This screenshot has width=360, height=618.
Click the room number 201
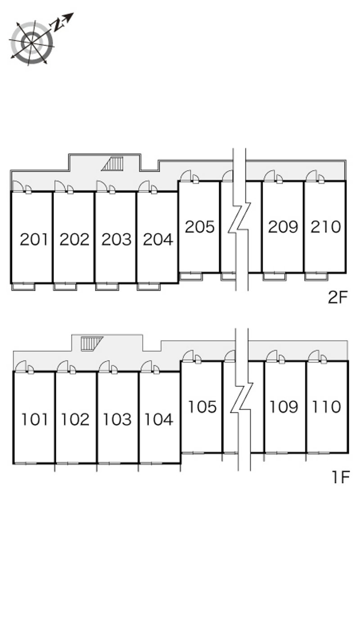34,239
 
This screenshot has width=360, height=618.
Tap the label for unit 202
75,239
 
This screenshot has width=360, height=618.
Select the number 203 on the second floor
117,239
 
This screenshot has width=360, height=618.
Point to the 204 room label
158,239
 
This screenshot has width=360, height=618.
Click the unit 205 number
200,227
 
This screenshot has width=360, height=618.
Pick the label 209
283,227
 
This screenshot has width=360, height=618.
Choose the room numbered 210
326,227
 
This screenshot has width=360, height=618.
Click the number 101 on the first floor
35,420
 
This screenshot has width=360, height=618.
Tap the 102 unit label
75,420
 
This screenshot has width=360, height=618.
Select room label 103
117,420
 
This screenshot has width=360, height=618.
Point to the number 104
159,420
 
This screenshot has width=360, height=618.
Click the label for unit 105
202,407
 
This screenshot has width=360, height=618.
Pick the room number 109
284,407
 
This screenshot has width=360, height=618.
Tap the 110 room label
327,407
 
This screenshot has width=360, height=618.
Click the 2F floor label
337,297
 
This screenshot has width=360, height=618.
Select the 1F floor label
341,477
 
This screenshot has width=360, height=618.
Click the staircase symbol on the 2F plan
112,163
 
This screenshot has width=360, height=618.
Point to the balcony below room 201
23,287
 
